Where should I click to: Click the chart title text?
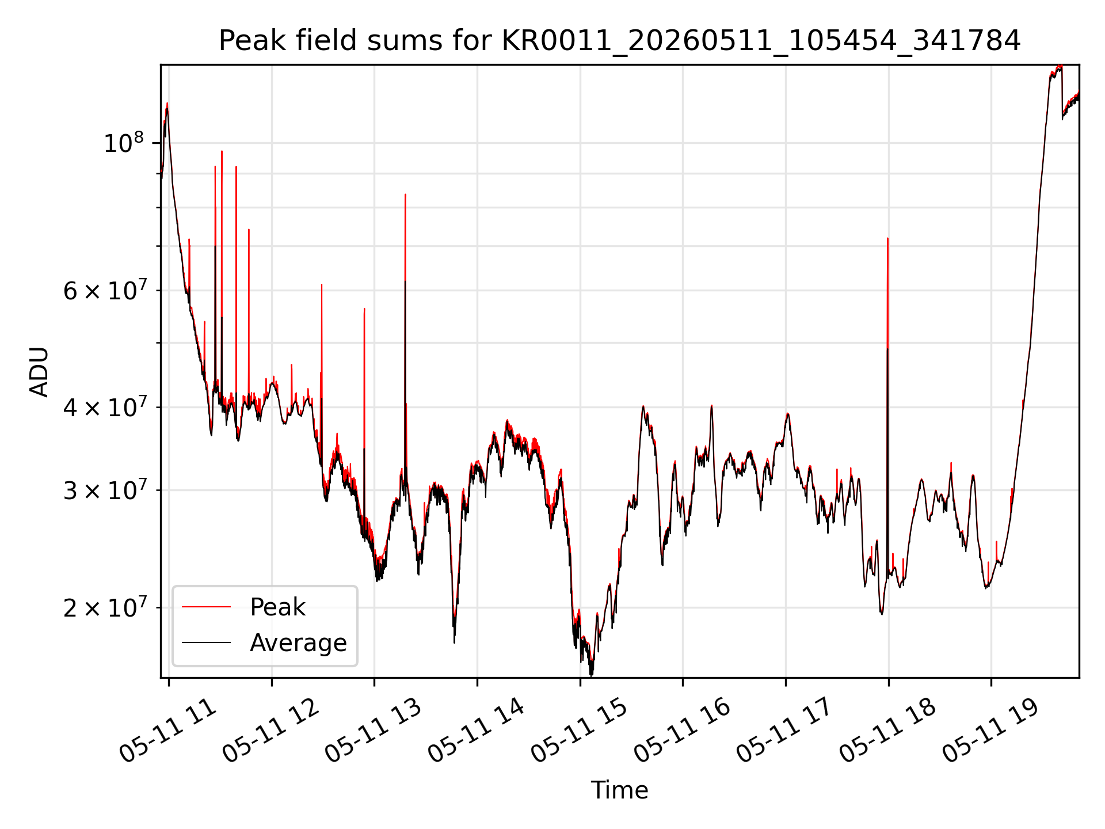[x=620, y=41]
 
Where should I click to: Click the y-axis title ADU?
[x=39, y=372]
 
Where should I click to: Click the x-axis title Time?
[x=620, y=790]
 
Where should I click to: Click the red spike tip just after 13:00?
[x=405, y=195]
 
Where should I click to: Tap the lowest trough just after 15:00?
[x=591, y=674]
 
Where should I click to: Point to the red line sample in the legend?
[x=206, y=607]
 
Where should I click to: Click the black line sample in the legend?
[x=206, y=642]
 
